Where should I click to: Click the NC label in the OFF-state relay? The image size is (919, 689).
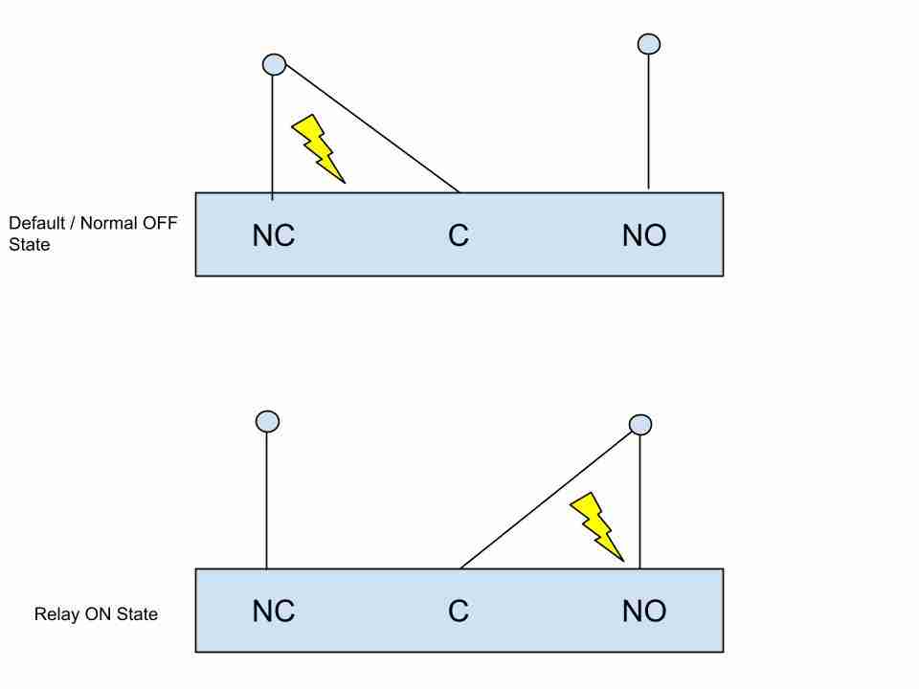click(274, 235)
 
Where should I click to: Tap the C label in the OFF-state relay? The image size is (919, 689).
click(459, 235)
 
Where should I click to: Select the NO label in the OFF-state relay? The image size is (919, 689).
click(644, 235)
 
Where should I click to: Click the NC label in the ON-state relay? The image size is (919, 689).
click(274, 611)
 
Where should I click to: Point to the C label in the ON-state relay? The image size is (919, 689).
click(459, 611)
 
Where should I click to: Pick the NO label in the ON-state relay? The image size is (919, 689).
click(644, 611)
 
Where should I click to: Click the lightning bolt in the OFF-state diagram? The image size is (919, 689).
click(318, 148)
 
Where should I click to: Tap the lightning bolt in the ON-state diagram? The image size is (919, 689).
click(596, 526)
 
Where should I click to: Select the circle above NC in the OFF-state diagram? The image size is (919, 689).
click(275, 64)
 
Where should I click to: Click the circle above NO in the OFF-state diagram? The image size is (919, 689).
click(649, 44)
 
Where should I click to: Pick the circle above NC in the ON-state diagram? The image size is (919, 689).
click(268, 421)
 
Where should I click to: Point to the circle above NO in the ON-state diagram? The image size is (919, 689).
click(640, 425)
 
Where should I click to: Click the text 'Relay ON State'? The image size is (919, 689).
click(96, 614)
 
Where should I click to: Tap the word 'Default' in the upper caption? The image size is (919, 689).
click(37, 223)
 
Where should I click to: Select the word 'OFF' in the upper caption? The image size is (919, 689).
click(160, 223)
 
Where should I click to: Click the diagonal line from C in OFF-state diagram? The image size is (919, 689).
click(372, 128)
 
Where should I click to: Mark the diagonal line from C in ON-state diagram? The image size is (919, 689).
click(547, 500)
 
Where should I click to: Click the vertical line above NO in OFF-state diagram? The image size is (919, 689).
click(648, 122)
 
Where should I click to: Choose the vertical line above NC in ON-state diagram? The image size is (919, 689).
click(267, 500)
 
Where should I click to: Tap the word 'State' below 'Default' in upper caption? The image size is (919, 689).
click(30, 244)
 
